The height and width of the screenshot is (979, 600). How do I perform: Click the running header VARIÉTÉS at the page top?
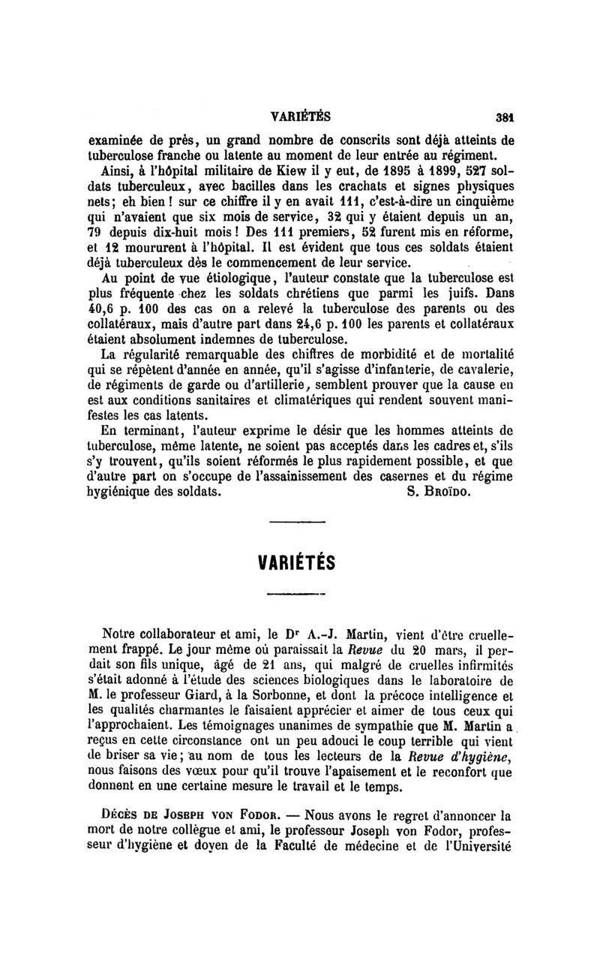coord(300,117)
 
